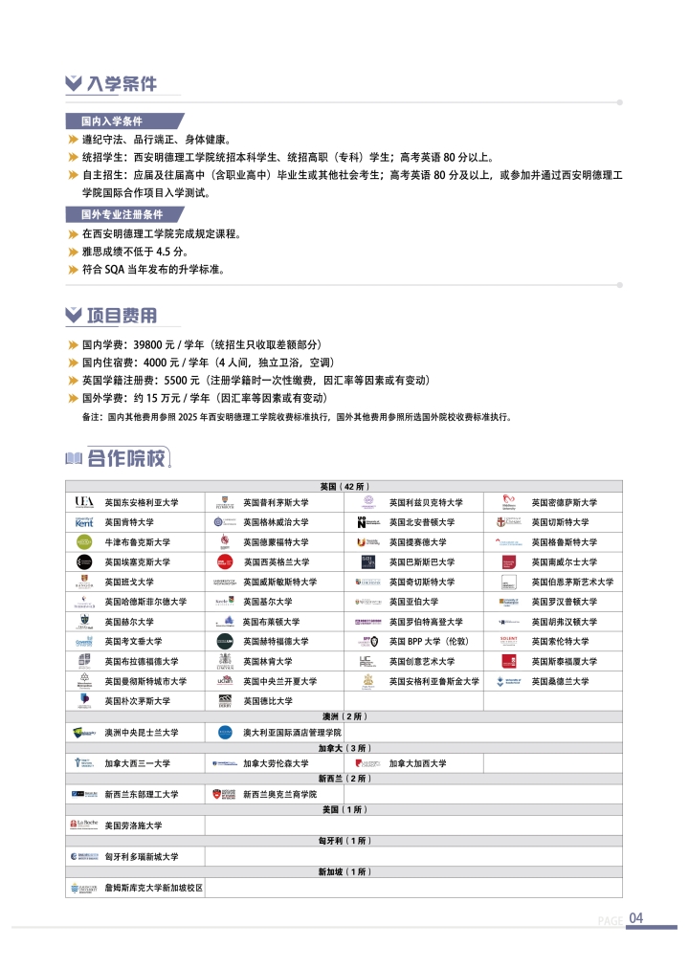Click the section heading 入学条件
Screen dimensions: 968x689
coord(121,84)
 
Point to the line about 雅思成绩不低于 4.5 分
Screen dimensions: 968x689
coord(135,252)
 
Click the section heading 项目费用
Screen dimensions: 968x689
coord(122,317)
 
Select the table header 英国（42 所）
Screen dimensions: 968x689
coord(344,487)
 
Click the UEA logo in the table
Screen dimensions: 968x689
coord(83,502)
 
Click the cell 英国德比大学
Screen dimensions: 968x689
coord(268,701)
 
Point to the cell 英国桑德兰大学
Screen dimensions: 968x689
coord(560,681)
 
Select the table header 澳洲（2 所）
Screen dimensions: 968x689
coord(344,716)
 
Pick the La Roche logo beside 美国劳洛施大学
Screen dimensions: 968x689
coord(83,825)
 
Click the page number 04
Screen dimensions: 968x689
coord(636,918)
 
